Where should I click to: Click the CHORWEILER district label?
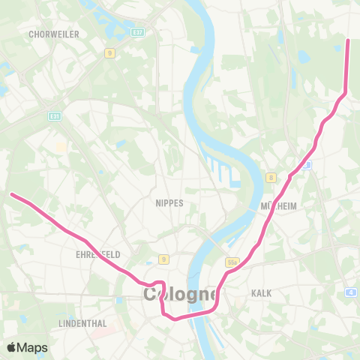tap(49, 34)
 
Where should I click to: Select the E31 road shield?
tap(55, 116)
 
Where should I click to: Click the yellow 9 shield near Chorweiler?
tap(109, 52)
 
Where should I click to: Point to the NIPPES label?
tap(169, 203)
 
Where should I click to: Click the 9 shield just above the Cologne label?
tap(163, 260)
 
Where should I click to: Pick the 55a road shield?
tap(232, 262)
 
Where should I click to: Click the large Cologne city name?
tap(180, 294)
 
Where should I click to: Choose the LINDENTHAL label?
tap(82, 323)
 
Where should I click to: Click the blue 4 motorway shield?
tap(351, 292)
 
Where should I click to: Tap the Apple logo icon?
tap(12, 347)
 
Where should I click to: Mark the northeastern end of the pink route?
tap(348, 40)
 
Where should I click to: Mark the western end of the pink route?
tap(12, 195)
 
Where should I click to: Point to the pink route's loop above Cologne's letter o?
tap(159, 283)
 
